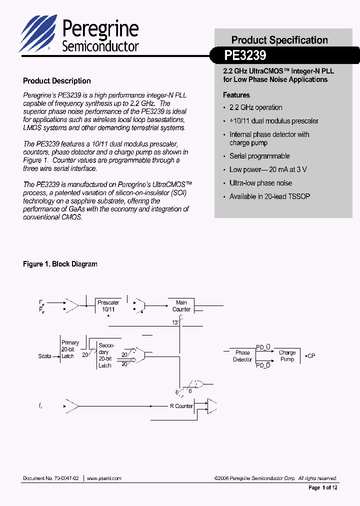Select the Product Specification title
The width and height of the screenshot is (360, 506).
[279, 40]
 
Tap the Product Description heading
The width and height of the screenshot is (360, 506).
[57, 81]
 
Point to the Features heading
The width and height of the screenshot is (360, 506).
[236, 95]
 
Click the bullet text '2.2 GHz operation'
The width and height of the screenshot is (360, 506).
[255, 107]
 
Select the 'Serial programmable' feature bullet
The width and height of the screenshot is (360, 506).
[259, 156]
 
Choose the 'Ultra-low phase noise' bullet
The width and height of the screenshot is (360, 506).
[260, 183]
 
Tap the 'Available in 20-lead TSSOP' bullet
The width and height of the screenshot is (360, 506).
[269, 196]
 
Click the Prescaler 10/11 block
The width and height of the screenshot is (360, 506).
[108, 306]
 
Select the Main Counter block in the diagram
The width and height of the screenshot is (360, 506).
[181, 306]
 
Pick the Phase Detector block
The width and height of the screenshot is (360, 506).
[242, 356]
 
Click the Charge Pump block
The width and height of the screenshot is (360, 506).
[287, 356]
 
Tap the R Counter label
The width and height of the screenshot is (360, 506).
[181, 406]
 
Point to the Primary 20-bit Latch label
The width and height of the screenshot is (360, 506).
[69, 349]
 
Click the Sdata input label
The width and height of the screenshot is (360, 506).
[45, 356]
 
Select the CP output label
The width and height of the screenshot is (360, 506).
[311, 356]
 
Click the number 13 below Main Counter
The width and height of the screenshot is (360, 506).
[175, 322]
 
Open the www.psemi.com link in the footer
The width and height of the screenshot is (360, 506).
[104, 478]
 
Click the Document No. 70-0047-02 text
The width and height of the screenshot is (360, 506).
[50, 478]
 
